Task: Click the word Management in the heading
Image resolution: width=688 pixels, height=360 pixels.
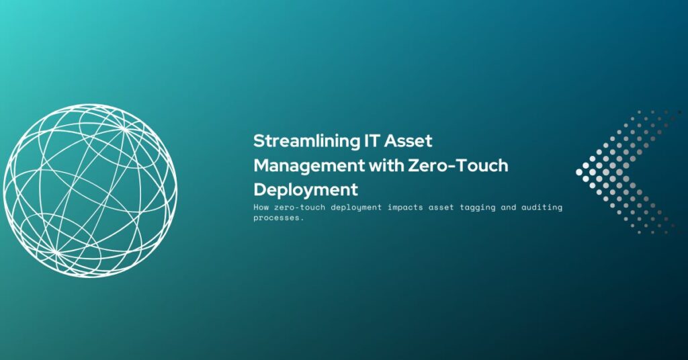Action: tap(309, 166)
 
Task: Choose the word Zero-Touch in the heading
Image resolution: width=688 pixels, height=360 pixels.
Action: tap(458, 166)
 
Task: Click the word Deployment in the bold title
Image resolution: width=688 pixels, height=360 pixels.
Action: tap(306, 190)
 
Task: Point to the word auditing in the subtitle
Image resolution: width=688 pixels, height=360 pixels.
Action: tap(542, 208)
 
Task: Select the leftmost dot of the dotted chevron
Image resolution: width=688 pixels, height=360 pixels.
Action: tap(579, 173)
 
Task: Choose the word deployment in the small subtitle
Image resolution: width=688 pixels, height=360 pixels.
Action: tap(356, 208)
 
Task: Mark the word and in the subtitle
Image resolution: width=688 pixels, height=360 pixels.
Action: tap(508, 207)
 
